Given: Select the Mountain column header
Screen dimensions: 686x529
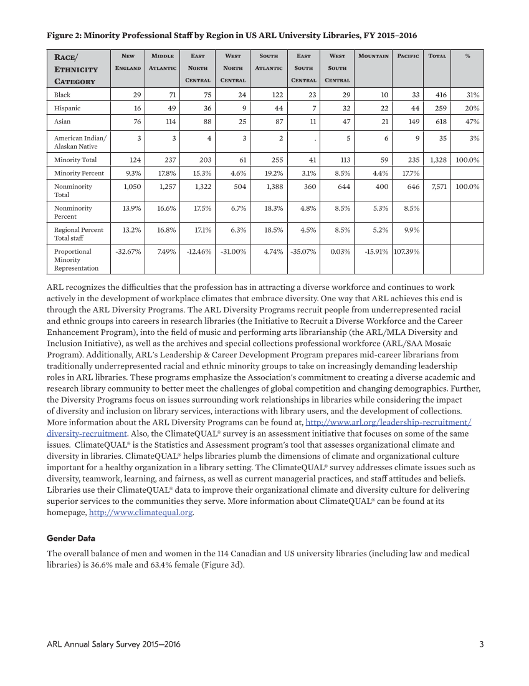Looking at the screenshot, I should coord(373,56).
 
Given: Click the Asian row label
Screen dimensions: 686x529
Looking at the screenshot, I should coord(62,122).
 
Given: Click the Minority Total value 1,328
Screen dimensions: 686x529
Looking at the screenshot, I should coord(436,160).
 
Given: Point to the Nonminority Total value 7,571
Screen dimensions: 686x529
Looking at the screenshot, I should coord(436,186).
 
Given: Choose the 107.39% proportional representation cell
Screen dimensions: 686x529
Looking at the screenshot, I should coord(406,251).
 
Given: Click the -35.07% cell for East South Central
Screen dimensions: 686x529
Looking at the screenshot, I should coord(303,251).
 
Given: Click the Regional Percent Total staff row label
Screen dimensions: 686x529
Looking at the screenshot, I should coord(79,234).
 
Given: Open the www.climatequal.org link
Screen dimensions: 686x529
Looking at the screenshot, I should coord(141,513).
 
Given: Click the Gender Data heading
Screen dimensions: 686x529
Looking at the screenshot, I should coord(71,538).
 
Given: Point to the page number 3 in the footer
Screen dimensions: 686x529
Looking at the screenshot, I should coord(481,644).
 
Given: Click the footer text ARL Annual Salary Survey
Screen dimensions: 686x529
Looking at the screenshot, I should coord(113,644).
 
